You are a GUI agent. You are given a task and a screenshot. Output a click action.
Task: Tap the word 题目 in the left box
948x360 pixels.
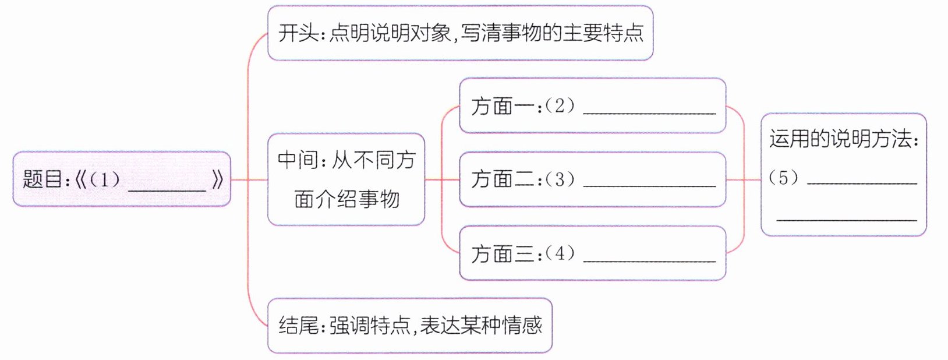43,179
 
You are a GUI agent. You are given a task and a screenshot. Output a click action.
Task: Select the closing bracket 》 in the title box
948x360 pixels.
218,179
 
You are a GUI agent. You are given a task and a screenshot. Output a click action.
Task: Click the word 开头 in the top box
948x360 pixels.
298,33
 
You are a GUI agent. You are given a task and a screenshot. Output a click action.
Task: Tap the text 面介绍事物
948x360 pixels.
346,199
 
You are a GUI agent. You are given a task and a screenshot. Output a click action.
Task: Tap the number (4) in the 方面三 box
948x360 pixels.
560,253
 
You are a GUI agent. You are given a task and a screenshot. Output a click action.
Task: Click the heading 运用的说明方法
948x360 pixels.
843,139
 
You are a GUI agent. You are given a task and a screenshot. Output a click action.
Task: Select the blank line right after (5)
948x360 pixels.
862,182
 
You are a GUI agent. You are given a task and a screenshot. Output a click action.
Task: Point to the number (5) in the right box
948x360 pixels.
783,177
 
